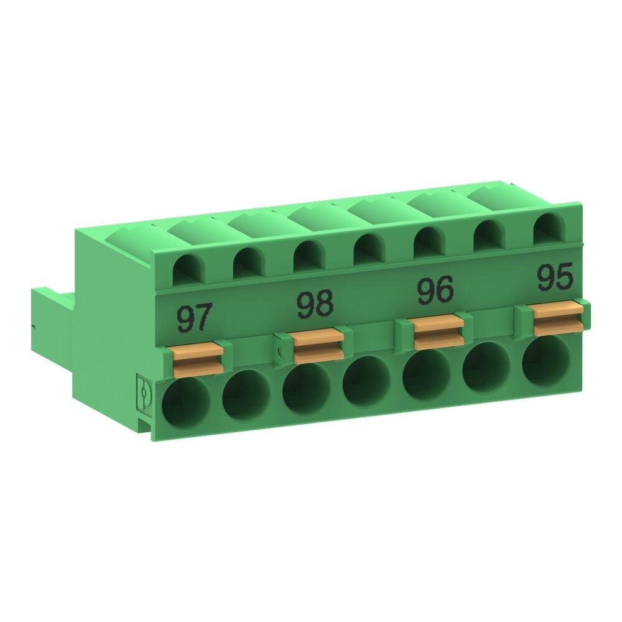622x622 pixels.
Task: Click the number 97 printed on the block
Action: pos(195,318)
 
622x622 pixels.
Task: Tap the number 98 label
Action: pos(315,304)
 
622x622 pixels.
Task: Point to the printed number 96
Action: pos(435,291)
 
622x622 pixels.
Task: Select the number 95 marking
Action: pos(555,278)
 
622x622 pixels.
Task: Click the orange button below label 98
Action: pos(318,346)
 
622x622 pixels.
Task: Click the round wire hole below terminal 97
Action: pos(186,402)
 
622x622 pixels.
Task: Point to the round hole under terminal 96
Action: pos(427,376)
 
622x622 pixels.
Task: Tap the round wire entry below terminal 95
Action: pos(547,363)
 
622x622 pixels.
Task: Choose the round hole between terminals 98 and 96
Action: pos(366,383)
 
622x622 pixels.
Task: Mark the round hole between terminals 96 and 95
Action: pos(487,368)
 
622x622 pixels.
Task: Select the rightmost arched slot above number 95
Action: pos(547,228)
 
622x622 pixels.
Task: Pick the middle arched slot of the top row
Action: pos(367,250)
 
